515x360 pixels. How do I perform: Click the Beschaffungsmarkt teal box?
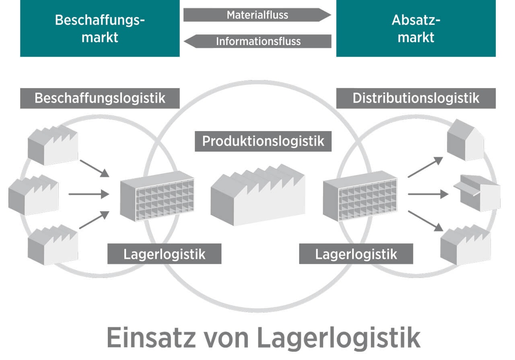(x=100, y=28)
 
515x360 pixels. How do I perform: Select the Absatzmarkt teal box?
(x=416, y=28)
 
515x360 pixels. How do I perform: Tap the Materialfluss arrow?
(x=257, y=15)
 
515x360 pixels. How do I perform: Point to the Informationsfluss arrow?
(x=257, y=41)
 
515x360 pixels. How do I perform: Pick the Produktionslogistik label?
(x=263, y=141)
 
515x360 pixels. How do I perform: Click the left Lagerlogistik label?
(x=164, y=254)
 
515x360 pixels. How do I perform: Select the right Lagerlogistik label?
(x=356, y=254)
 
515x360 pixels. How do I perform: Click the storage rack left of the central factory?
(x=157, y=196)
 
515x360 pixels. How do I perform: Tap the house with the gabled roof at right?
(x=466, y=140)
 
